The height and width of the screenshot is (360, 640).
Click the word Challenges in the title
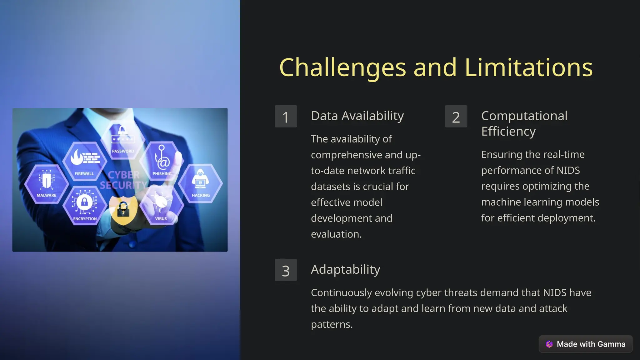pos(342,68)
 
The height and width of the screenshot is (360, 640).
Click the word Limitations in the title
pos(528,68)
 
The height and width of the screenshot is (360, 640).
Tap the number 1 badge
pos(286,117)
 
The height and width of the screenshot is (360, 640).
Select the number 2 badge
pos(456,117)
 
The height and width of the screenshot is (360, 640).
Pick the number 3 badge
pos(286,270)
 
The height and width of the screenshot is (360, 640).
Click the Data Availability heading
pos(357,116)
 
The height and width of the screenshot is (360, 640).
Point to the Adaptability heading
pos(345,269)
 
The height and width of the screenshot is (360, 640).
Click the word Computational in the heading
pos(524,116)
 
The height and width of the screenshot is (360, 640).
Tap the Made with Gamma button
pos(586,344)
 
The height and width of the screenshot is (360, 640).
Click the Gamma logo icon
pos(549,344)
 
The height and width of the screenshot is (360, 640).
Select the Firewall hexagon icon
pos(85,161)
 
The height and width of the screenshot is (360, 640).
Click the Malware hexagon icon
pos(47,184)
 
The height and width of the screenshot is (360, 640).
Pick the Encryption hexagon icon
pos(85,205)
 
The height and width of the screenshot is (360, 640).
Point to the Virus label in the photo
pos(161,218)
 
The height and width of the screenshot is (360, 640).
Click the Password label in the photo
pos(123,151)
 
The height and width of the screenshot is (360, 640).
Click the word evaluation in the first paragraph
pos(336,234)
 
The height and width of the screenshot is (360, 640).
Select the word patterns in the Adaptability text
pos(331,324)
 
